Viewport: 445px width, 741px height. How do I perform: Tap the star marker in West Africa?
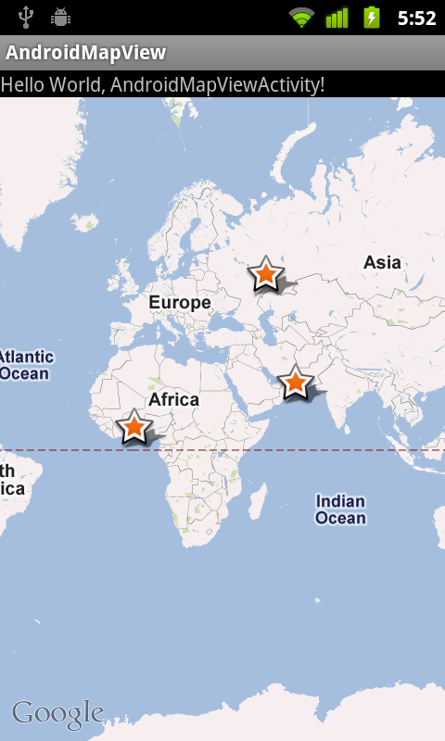coord(133,427)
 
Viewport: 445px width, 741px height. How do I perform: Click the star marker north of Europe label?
coord(266,274)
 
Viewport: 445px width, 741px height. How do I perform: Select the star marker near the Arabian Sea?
coord(295,382)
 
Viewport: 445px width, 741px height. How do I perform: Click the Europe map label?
coord(180,302)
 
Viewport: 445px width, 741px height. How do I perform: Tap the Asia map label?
coord(382,262)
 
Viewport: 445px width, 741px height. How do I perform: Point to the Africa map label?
coord(174,399)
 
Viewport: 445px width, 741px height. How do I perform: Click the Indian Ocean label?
coord(340,509)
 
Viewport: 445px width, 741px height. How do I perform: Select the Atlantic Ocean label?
coord(26,365)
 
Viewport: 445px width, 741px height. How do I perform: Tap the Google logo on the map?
coord(57,713)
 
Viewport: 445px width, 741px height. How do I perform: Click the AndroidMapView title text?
coord(86,53)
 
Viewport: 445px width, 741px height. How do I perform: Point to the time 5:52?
coord(416,18)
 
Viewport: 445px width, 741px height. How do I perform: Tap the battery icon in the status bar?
coord(372,18)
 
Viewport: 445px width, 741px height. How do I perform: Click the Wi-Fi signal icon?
coord(301,18)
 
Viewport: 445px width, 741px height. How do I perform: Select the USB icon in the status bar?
coord(26,17)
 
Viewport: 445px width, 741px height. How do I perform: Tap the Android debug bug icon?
coord(61,17)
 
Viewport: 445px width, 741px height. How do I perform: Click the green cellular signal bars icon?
coord(337,18)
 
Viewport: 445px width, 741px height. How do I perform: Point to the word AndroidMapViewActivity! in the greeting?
coord(218,84)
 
